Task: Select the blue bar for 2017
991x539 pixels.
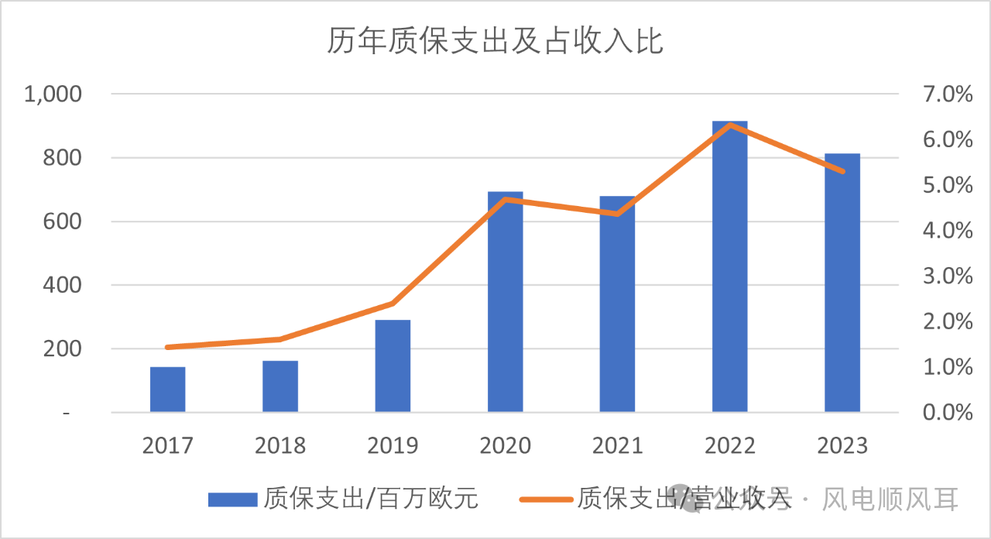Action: pyautogui.click(x=168, y=390)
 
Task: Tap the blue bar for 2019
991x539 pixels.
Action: pyautogui.click(x=393, y=366)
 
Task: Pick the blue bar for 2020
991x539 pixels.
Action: pyautogui.click(x=505, y=302)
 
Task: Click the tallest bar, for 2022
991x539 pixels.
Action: pyautogui.click(x=730, y=267)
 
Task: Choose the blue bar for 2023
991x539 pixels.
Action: pyautogui.click(x=842, y=283)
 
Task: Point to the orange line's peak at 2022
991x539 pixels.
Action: pyautogui.click(x=730, y=125)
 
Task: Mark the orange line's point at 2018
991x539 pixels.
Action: pyautogui.click(x=280, y=339)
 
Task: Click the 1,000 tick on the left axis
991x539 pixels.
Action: pyautogui.click(x=53, y=94)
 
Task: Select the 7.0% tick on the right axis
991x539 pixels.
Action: pyautogui.click(x=947, y=94)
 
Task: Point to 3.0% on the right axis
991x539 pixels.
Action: pyautogui.click(x=947, y=276)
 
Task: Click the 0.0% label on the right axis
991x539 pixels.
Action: pyautogui.click(x=947, y=413)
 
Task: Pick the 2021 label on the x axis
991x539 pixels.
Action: pyautogui.click(x=617, y=446)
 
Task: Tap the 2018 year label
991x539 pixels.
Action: pyautogui.click(x=280, y=446)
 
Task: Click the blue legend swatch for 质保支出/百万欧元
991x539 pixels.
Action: pyautogui.click(x=231, y=500)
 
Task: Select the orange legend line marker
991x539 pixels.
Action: pyautogui.click(x=546, y=500)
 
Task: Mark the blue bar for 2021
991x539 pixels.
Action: pyautogui.click(x=617, y=304)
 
